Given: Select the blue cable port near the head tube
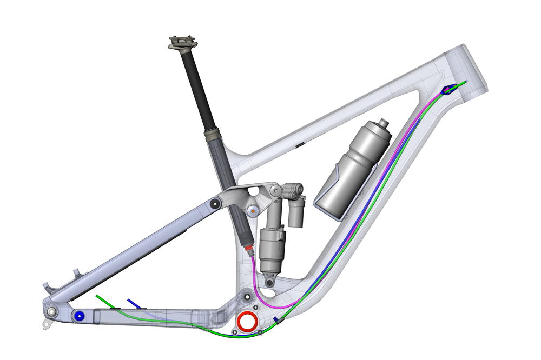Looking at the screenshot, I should click(447, 90).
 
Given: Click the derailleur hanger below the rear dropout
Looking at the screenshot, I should click(47, 324).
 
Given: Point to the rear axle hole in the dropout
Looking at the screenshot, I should click(51, 312).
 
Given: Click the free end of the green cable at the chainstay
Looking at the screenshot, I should click(97, 296).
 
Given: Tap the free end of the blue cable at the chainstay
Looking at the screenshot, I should click(128, 299).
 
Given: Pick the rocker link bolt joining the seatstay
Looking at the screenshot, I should click(214, 203).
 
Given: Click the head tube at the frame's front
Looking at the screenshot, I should click(467, 68).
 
